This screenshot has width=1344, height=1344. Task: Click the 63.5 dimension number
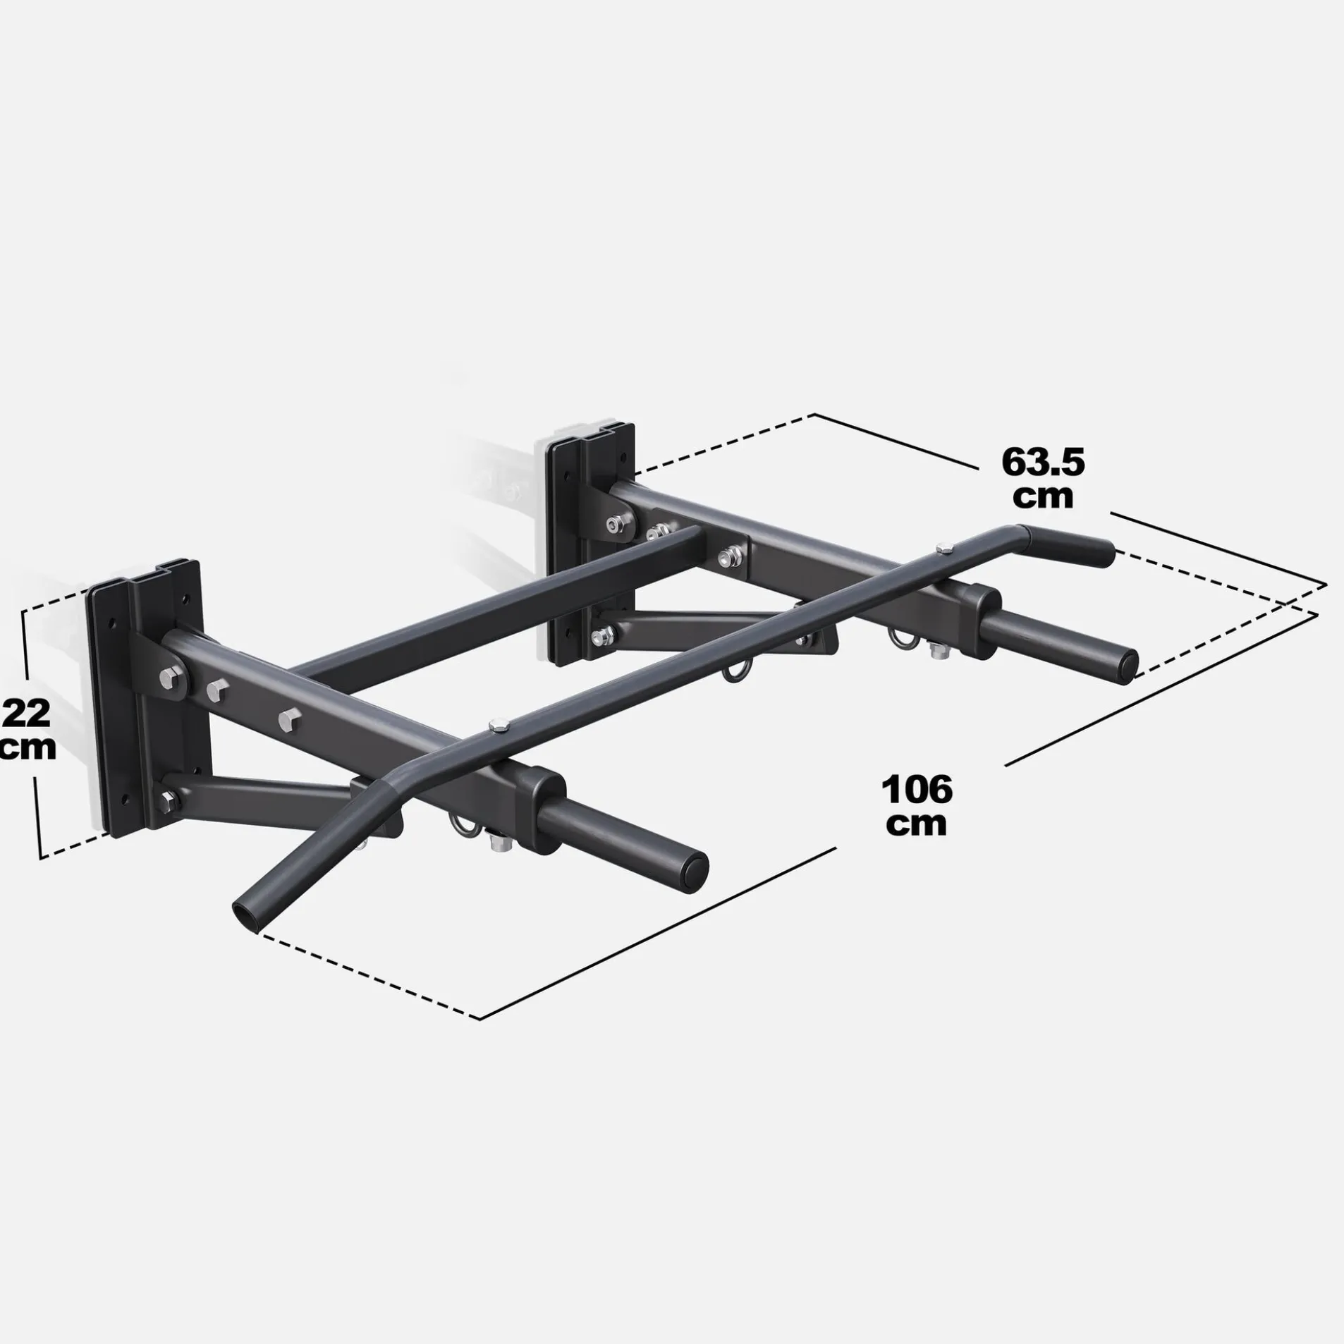point(1042,463)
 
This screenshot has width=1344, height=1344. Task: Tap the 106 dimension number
point(916,789)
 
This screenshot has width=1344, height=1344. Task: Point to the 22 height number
point(27,714)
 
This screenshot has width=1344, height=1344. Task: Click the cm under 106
point(916,824)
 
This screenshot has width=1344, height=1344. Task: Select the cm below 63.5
point(1042,496)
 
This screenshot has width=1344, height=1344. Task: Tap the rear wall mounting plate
point(591,543)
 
